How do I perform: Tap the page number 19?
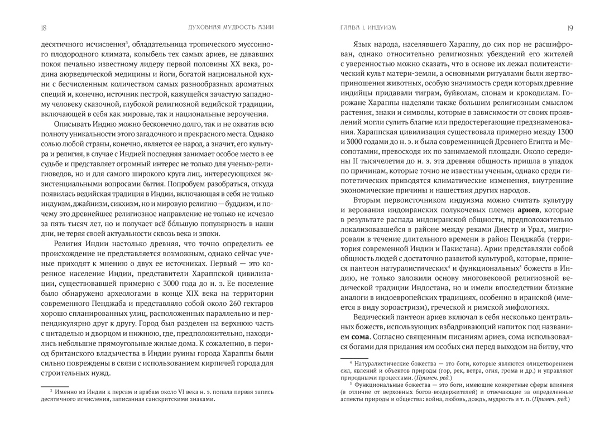pyautogui.click(x=570, y=27)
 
